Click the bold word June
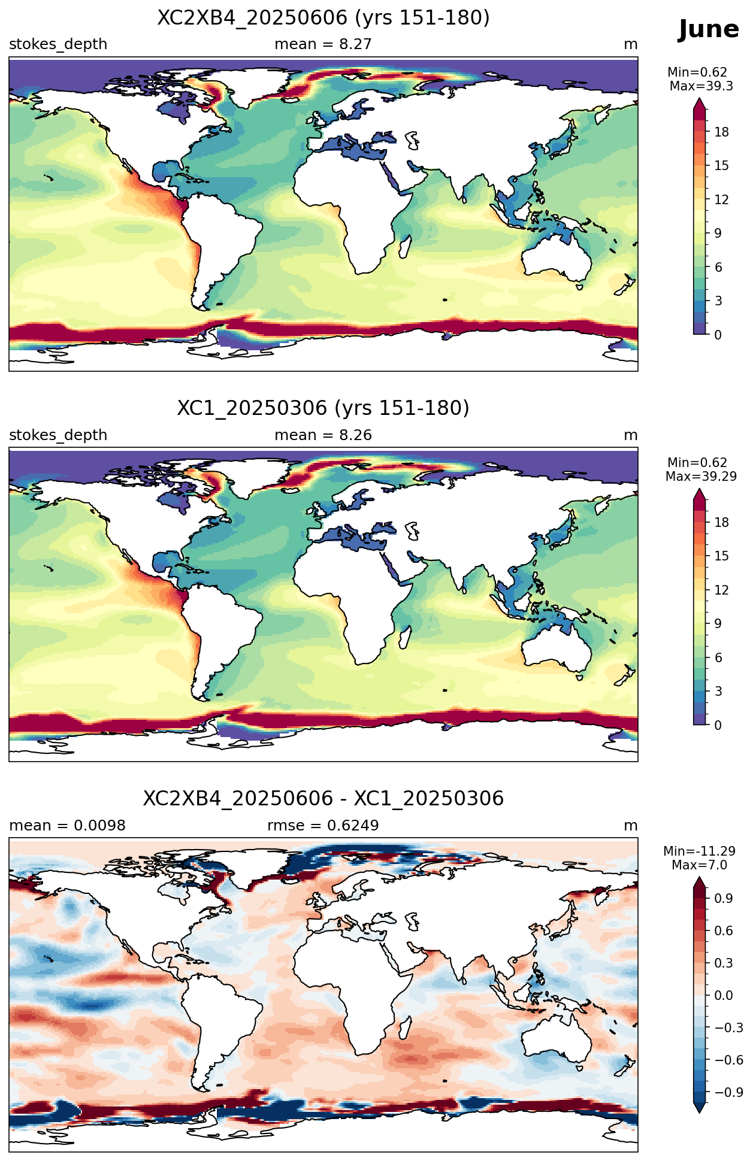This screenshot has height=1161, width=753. pyautogui.click(x=709, y=29)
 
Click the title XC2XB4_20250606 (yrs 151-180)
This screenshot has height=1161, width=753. pyautogui.click(x=323, y=18)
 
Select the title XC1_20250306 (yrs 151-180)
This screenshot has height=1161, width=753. pyautogui.click(x=323, y=408)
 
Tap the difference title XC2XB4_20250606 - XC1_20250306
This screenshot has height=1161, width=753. pyautogui.click(x=323, y=799)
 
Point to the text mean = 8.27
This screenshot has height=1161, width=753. pyautogui.click(x=323, y=44)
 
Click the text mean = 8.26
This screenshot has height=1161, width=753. pyautogui.click(x=323, y=435)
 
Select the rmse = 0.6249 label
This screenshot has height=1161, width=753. pyautogui.click(x=323, y=826)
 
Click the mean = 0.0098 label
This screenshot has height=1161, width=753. pyautogui.click(x=67, y=826)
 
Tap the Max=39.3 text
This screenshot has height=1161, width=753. pyautogui.click(x=701, y=86)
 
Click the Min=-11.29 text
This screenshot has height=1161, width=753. pyautogui.click(x=699, y=851)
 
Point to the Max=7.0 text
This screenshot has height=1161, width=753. pyautogui.click(x=699, y=865)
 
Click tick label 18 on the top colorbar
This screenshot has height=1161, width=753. pyautogui.click(x=722, y=132)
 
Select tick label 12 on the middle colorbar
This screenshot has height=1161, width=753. pyautogui.click(x=722, y=590)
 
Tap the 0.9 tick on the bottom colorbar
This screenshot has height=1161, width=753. pyautogui.click(x=724, y=899)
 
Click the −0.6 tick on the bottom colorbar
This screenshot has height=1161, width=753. pyautogui.click(x=728, y=1060)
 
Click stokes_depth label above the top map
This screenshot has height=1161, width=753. pyautogui.click(x=58, y=44)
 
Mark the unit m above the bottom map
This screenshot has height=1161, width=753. pyautogui.click(x=631, y=826)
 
